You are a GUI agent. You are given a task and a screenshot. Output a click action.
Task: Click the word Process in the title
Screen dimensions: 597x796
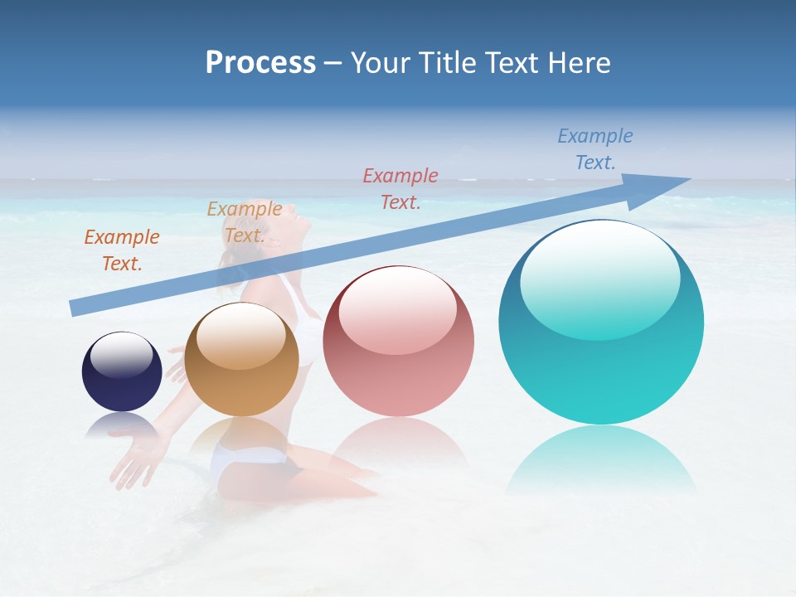pyautogui.click(x=260, y=62)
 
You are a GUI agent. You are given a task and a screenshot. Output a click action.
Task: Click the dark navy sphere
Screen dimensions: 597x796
pyautogui.click(x=122, y=372)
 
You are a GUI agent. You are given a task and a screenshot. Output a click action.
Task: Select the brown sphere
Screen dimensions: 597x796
pyautogui.click(x=241, y=361)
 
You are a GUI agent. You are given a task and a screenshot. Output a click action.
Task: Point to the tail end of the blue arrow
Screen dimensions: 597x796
pyautogui.click(x=75, y=308)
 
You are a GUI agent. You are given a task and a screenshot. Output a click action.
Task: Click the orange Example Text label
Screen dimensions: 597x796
pyautogui.click(x=122, y=250)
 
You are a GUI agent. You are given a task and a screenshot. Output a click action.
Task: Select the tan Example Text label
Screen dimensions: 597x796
pyautogui.click(x=244, y=221)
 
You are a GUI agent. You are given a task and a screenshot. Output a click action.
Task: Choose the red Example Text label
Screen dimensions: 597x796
pyautogui.click(x=400, y=188)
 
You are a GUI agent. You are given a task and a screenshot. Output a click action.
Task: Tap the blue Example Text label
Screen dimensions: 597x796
pyautogui.click(x=595, y=148)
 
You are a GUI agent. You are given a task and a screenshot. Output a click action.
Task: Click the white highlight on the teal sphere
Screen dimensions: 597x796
pyautogui.click(x=599, y=278)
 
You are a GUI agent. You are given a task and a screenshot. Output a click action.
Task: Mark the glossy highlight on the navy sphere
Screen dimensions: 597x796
pyautogui.click(x=121, y=355)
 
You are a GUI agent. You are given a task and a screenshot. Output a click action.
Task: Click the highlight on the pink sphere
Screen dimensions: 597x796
pyautogui.click(x=397, y=310)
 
